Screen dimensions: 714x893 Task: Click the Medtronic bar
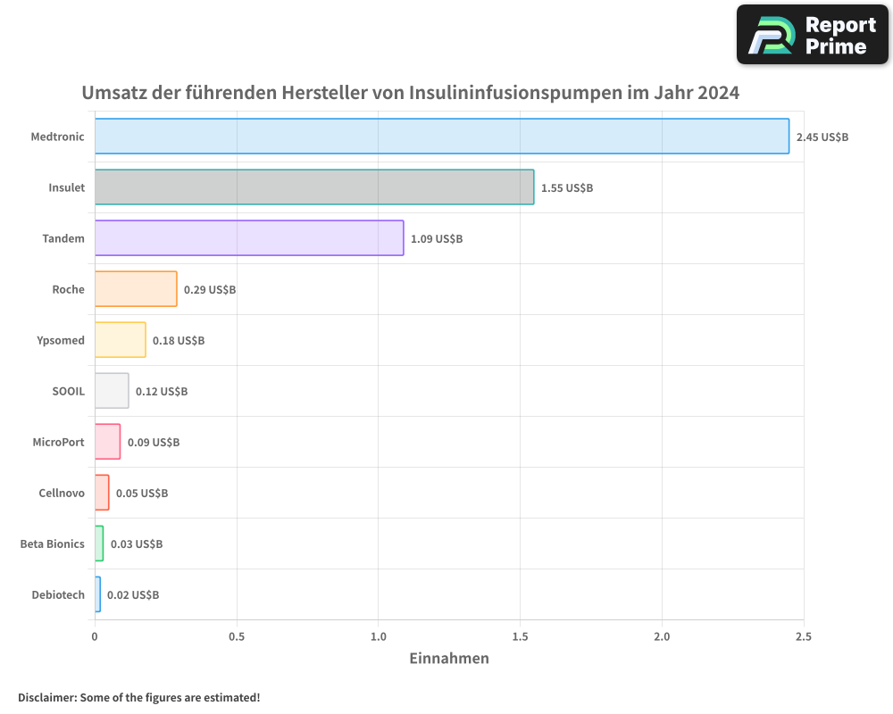point(442,137)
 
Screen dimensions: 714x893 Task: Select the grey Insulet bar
point(314,187)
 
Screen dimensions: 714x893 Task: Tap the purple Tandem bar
point(249,238)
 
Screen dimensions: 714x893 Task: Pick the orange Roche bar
point(136,289)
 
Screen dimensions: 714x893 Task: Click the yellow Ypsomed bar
point(120,340)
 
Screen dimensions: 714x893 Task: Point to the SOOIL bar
point(112,391)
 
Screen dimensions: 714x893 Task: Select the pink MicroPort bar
point(107,442)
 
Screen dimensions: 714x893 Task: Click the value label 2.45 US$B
point(822,137)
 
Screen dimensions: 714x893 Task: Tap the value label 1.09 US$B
point(437,239)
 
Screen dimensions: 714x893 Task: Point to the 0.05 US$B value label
point(142,494)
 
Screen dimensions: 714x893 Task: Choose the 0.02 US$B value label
point(133,595)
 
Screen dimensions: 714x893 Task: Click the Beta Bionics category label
point(53,544)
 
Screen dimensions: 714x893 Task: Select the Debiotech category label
point(58,595)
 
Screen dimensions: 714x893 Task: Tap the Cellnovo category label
point(62,494)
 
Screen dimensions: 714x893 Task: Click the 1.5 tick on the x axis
point(521,637)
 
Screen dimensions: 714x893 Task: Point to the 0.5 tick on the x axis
point(237,637)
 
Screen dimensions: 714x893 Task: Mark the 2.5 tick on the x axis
point(804,637)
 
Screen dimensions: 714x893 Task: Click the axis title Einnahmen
point(449,660)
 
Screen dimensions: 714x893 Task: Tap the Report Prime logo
point(813,35)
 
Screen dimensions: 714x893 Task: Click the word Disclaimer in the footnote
point(46,698)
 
